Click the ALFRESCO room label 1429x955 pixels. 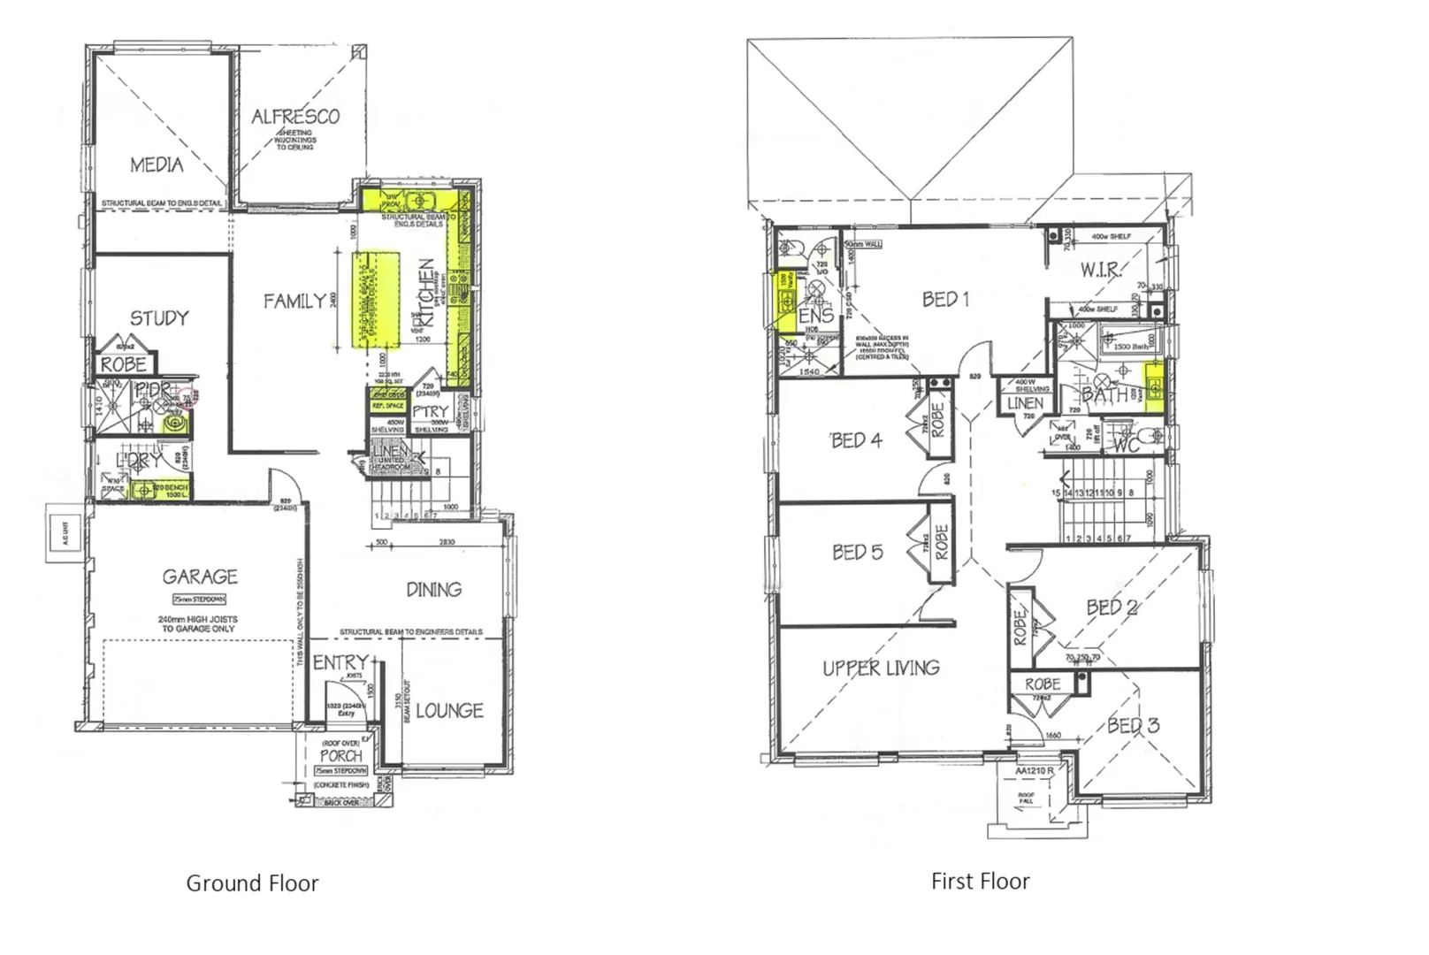[x=295, y=116]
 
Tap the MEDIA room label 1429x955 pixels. [x=157, y=164]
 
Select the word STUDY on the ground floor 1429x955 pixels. [x=159, y=317]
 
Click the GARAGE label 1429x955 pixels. [x=200, y=577]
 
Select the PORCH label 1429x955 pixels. [x=341, y=756]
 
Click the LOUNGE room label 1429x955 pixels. [x=449, y=711]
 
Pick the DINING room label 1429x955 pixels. [x=433, y=589]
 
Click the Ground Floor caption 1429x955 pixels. [x=252, y=883]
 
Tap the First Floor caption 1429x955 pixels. [x=980, y=882]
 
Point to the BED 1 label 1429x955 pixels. [x=945, y=300]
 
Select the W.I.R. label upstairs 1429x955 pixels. [x=1101, y=270]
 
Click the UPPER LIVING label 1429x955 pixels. [x=881, y=668]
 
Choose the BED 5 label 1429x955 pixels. [x=857, y=553]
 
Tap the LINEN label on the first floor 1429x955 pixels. [x=1025, y=403]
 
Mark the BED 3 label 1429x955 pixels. [x=1133, y=726]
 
